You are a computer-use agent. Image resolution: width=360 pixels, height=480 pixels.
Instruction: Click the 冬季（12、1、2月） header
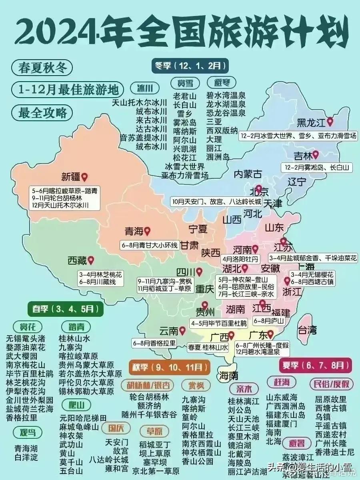190,65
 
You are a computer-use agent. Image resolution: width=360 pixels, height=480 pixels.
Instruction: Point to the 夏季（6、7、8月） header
315,365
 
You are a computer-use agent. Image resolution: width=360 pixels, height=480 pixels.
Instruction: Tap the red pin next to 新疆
84,177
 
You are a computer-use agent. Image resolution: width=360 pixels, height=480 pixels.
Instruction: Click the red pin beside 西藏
91,260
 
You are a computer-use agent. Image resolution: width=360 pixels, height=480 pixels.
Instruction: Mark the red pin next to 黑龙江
330,121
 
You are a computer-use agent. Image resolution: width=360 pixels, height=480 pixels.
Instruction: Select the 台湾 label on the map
307,330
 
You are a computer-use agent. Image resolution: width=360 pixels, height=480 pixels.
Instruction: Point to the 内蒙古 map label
248,174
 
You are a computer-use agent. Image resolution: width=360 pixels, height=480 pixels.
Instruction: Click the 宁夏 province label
198,229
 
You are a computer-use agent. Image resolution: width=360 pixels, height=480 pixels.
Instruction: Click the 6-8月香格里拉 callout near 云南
154,343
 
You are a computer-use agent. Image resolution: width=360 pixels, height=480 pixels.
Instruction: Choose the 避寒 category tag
222,83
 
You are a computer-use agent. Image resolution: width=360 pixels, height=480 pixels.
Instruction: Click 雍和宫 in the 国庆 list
117,468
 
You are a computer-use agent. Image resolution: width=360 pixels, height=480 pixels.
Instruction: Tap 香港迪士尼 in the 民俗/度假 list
334,452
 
